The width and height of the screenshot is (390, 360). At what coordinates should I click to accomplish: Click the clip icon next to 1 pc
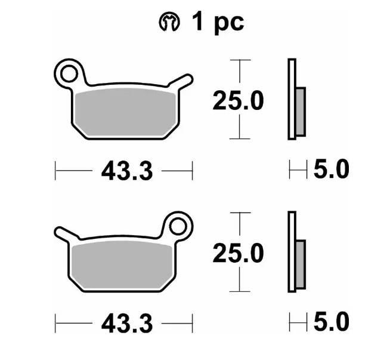169,21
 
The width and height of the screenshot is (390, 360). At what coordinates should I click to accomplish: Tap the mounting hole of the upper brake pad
69,73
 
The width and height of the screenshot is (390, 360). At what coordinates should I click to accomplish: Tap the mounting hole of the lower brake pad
178,226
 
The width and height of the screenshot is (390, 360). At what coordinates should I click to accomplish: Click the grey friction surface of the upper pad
126,112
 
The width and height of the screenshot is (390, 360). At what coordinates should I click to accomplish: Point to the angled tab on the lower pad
66,234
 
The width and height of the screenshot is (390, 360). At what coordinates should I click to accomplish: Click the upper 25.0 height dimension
238,100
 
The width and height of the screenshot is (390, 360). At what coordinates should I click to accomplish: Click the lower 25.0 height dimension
238,253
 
